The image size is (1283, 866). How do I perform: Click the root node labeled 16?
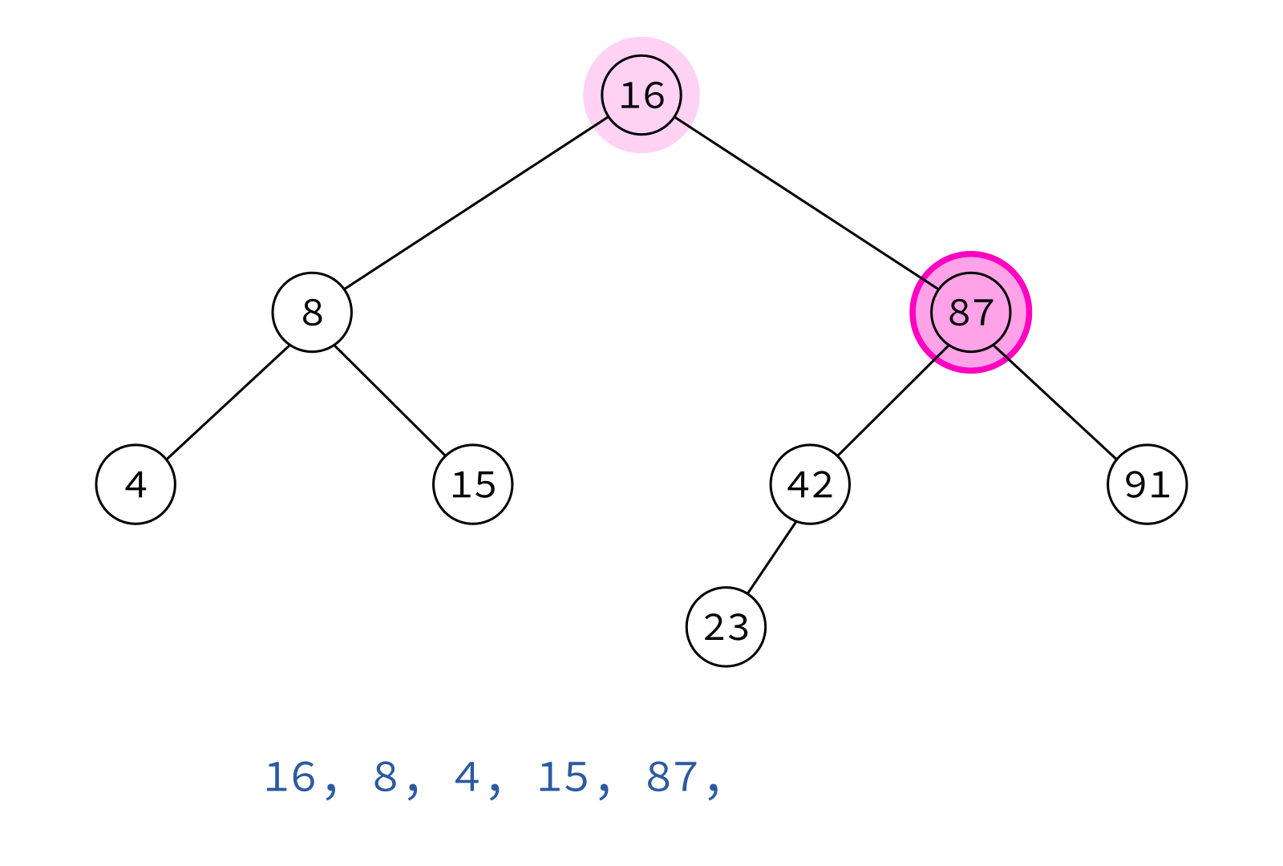tap(641, 95)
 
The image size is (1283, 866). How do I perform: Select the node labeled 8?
tap(312, 312)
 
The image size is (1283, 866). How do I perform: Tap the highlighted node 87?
tap(971, 312)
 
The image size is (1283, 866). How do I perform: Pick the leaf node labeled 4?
tap(136, 484)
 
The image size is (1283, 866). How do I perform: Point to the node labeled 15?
tap(473, 484)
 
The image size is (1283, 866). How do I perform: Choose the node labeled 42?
tap(810, 484)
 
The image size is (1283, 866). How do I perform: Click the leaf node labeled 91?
tap(1147, 484)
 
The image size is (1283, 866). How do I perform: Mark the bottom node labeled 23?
tap(726, 626)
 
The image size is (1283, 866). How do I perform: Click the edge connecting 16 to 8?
tap(476, 204)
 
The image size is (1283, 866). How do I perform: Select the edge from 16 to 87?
tap(807, 204)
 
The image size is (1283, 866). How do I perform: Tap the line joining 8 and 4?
tap(228, 402)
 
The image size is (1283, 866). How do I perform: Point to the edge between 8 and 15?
tap(390, 401)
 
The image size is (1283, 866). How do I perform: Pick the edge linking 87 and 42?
tap(893, 401)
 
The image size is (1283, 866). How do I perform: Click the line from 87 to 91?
tap(1055, 402)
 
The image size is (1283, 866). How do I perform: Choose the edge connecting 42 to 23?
tap(771, 558)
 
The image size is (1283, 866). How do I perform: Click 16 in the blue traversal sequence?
tap(289, 778)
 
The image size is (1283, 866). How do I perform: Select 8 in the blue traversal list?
tap(386, 778)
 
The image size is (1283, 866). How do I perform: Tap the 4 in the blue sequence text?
tap(467, 778)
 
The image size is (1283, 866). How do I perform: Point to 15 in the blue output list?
tap(564, 778)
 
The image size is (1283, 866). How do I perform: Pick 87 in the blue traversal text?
tap(673, 778)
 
